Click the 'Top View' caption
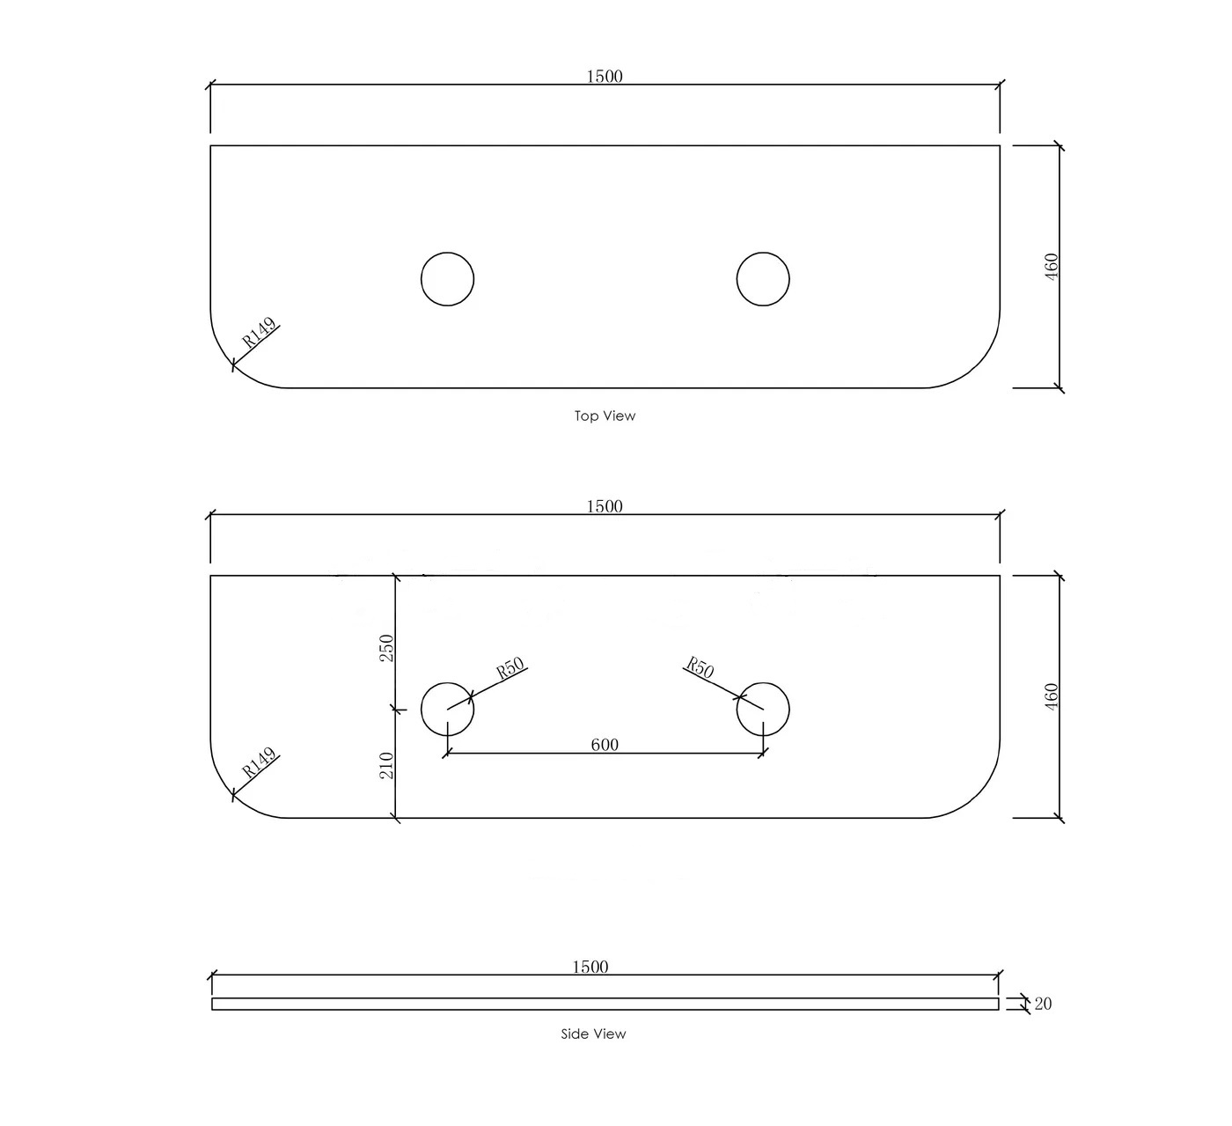605,416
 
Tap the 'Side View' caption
593,1034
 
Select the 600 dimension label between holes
605,745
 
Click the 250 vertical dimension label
386,648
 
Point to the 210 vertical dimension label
386,765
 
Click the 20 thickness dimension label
1043,1004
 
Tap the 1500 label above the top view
605,77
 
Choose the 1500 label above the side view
590,967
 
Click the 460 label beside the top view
1052,267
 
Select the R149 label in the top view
260,333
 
